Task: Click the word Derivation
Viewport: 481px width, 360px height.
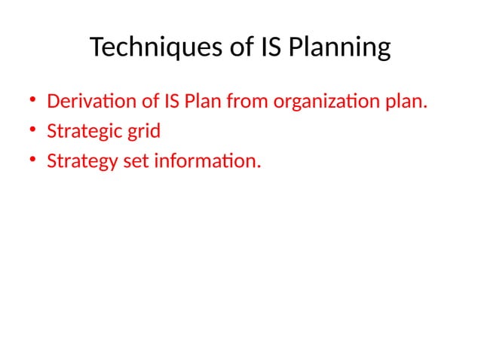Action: click(86, 102)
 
